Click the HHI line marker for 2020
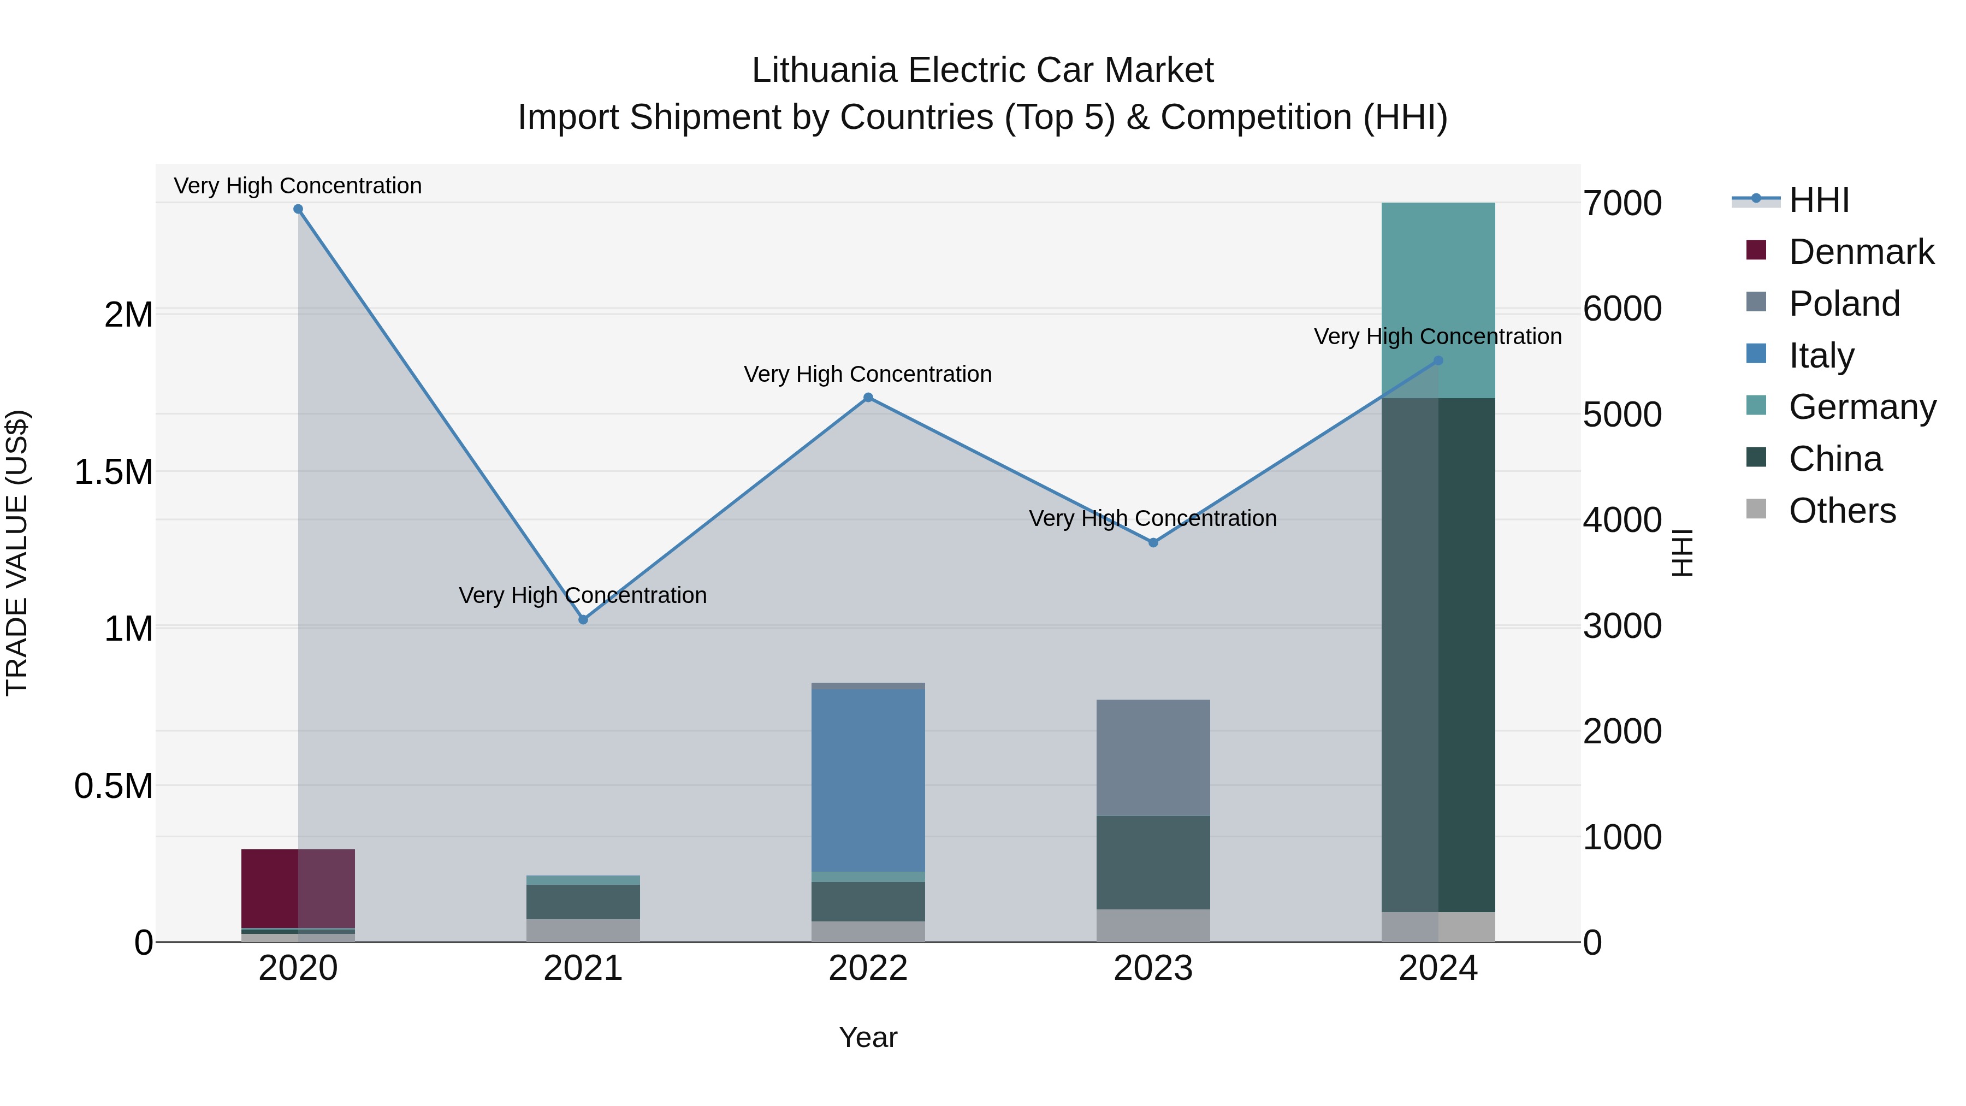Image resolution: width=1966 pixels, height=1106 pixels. click(x=298, y=209)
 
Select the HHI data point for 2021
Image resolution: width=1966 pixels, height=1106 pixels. click(x=583, y=620)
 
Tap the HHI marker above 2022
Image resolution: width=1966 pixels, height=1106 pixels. click(x=868, y=398)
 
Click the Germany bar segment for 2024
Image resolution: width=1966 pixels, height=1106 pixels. click(x=1438, y=299)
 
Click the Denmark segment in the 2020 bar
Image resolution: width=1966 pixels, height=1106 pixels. click(x=298, y=888)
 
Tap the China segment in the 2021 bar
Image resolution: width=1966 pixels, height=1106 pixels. click(x=583, y=901)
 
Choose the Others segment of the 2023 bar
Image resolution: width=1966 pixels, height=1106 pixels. click(x=1153, y=925)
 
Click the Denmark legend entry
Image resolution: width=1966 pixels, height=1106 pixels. click(x=1861, y=252)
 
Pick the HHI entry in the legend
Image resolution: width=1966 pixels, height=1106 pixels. click(x=1819, y=200)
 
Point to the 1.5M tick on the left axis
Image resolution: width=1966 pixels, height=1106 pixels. click(x=113, y=472)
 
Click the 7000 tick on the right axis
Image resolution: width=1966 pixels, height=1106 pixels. click(x=1622, y=204)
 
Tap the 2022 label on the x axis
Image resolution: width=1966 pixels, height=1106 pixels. click(x=868, y=968)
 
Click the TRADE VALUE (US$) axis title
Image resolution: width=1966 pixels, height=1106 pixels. click(x=17, y=553)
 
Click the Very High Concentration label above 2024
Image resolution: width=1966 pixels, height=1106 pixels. click(x=1437, y=336)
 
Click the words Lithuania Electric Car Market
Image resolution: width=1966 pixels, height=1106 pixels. click(x=982, y=71)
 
